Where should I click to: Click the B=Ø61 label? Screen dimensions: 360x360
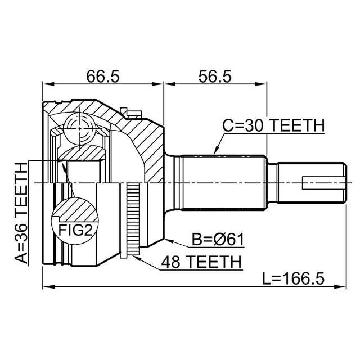(217, 240)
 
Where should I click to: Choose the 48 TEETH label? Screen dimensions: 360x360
(201, 262)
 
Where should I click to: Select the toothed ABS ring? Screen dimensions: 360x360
(133, 220)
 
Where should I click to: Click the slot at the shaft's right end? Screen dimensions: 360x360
(323, 183)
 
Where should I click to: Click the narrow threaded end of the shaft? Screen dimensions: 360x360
(309, 183)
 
